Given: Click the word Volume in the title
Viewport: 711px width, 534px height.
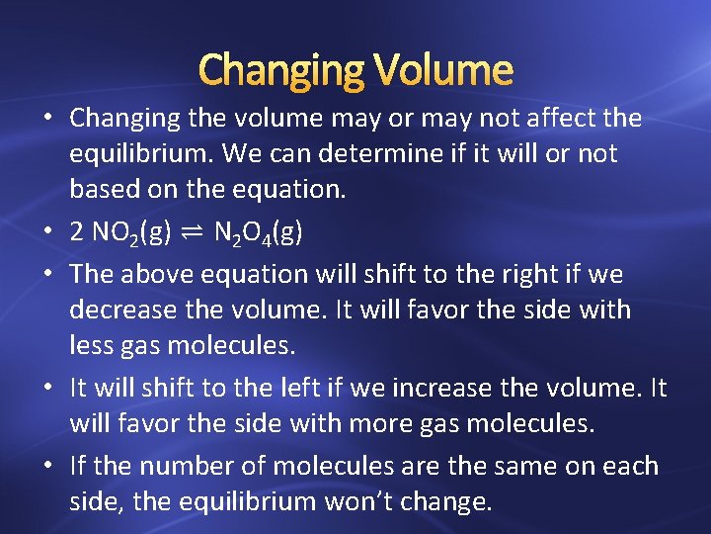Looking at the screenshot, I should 444,69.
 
